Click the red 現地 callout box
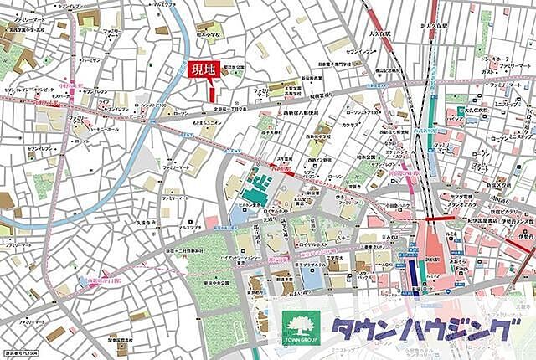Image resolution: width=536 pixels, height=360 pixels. click(202, 70)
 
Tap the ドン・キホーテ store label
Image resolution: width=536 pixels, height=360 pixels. click(494, 59)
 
